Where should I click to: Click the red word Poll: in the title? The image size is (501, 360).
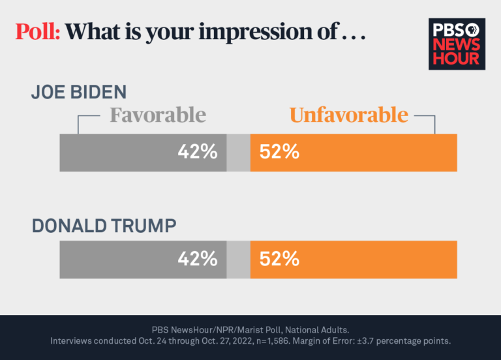point(38,32)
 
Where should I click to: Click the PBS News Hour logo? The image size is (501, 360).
point(457,44)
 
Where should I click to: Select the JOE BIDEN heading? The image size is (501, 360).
point(78,92)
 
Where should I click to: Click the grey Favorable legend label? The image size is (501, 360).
point(157,115)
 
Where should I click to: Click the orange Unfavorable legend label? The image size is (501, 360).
point(349,115)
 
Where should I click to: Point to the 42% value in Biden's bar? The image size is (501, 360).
point(198,152)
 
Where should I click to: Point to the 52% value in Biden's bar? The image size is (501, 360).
point(279,152)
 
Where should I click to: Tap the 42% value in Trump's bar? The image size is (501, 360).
point(198,258)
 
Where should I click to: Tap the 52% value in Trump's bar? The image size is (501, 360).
point(279,258)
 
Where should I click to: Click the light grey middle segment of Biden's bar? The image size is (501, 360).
point(238,153)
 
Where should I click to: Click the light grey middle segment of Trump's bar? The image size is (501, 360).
point(238,259)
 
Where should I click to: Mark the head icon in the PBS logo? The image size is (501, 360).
point(473,29)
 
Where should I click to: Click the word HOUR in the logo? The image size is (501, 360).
point(457,58)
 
